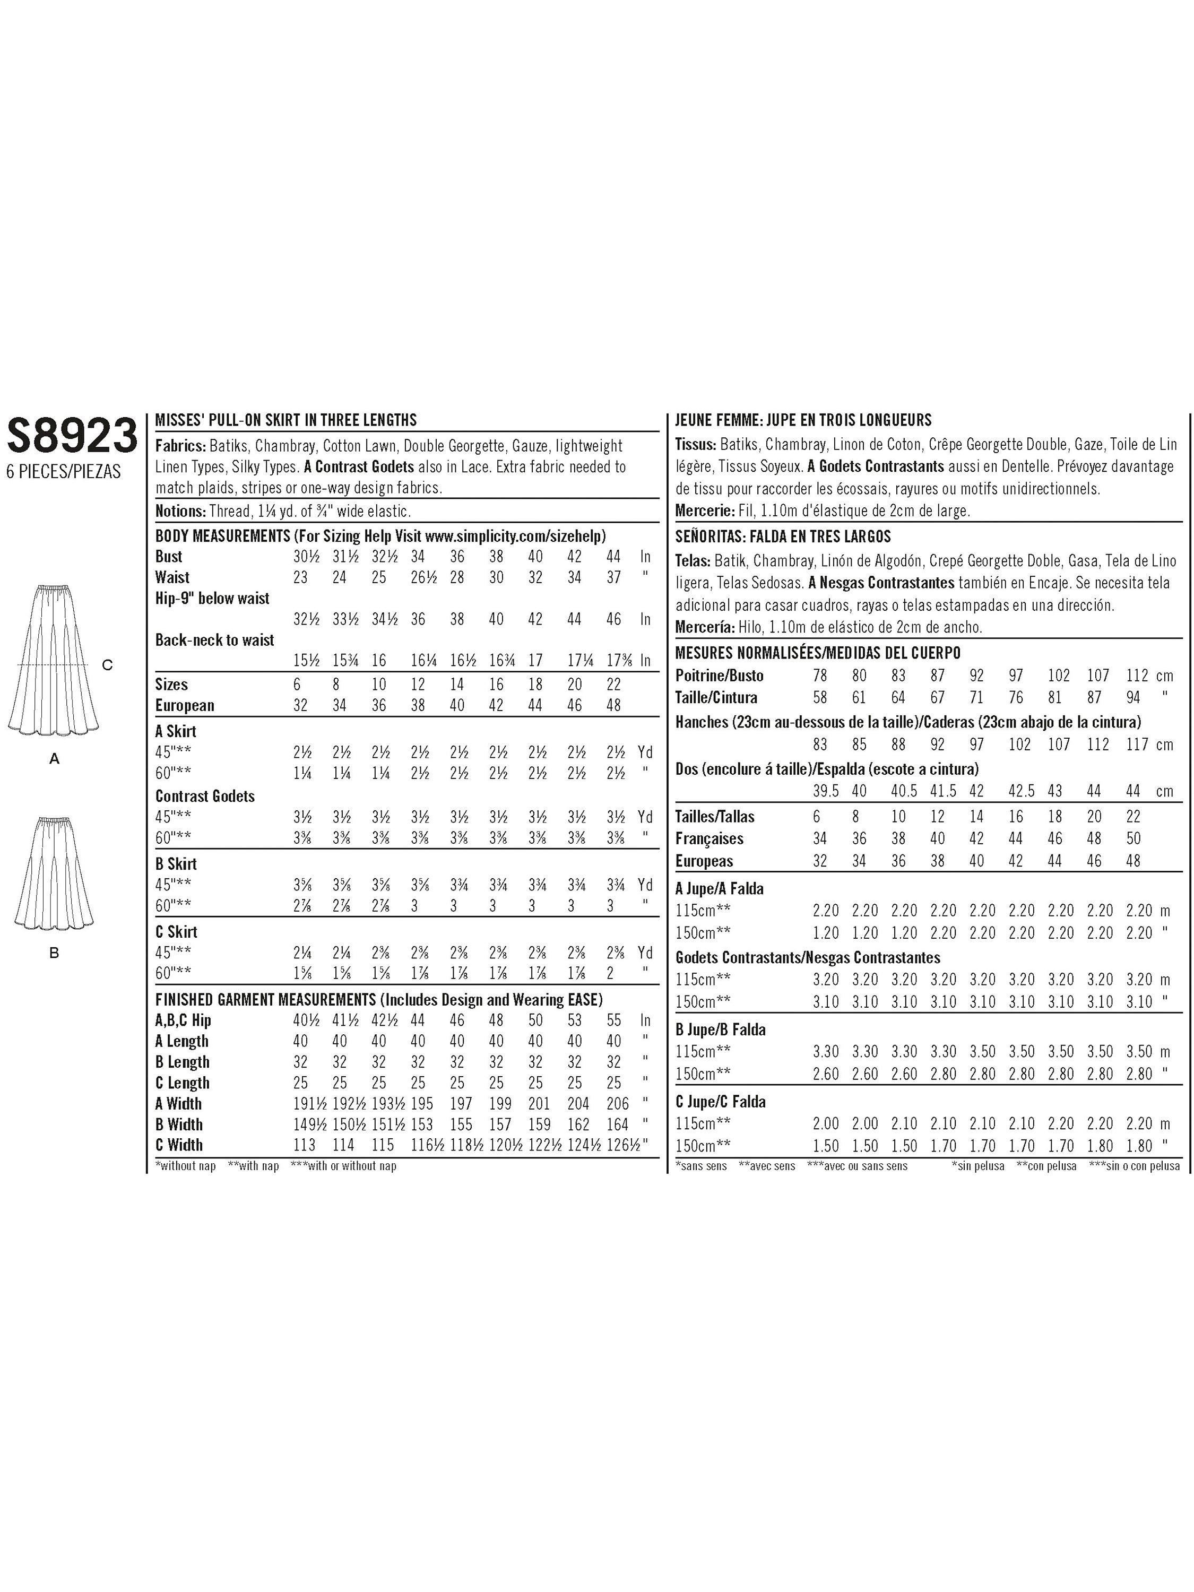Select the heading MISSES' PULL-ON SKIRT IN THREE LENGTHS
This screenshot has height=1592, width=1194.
pyautogui.click(x=285, y=420)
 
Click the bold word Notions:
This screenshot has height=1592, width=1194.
pyautogui.click(x=180, y=512)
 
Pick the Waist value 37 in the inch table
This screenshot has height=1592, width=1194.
pyautogui.click(x=613, y=578)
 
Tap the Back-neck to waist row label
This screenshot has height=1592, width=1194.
pyautogui.click(x=214, y=641)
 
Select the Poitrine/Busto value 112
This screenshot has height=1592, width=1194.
pyautogui.click(x=1137, y=676)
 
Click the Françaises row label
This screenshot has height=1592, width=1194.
pyautogui.click(x=709, y=839)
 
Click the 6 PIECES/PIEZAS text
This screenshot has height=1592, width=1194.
pyautogui.click(x=63, y=472)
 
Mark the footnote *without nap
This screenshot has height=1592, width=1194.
pyautogui.click(x=186, y=1166)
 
